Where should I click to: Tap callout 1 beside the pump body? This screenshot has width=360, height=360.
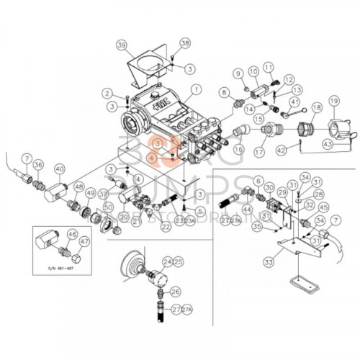(194, 90)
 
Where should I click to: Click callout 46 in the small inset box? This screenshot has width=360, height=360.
(71, 235)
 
